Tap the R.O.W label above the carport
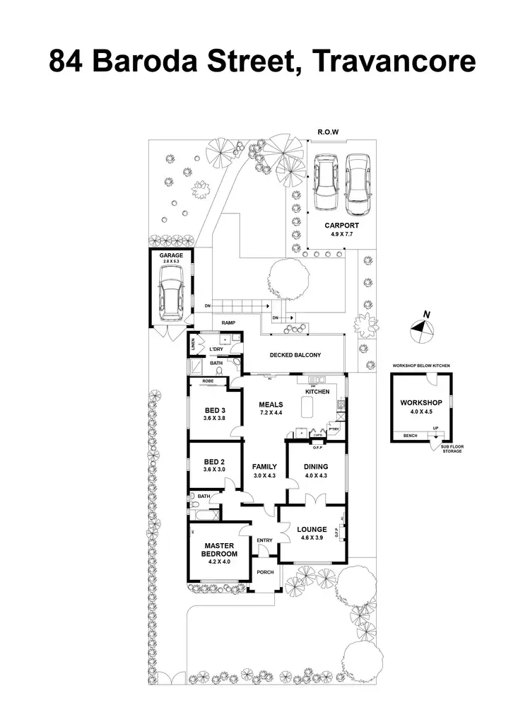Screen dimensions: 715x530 pyautogui.click(x=329, y=132)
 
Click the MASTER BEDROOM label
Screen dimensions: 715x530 pyautogui.click(x=219, y=550)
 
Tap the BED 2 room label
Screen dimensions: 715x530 pyautogui.click(x=214, y=461)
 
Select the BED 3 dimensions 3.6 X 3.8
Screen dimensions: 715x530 pyautogui.click(x=214, y=419)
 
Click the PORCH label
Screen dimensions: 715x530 pyautogui.click(x=265, y=573)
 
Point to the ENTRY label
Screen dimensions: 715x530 pyautogui.click(x=264, y=541)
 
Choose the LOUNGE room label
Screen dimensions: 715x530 pyautogui.click(x=312, y=529)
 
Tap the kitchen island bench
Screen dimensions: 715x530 pyautogui.click(x=307, y=408)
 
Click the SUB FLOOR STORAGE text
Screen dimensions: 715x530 pyautogui.click(x=452, y=448)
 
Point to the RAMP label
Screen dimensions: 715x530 pyautogui.click(x=228, y=322)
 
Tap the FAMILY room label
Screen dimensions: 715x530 pyautogui.click(x=264, y=467)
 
